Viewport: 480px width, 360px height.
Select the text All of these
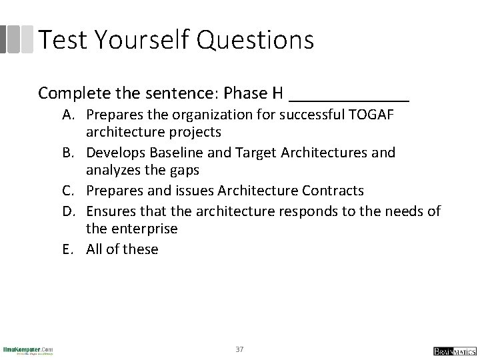pos(122,249)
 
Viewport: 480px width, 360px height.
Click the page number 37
pos(240,349)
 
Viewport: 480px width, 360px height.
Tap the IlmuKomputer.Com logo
pos(28,350)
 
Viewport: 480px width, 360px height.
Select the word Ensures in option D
pos(111,211)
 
